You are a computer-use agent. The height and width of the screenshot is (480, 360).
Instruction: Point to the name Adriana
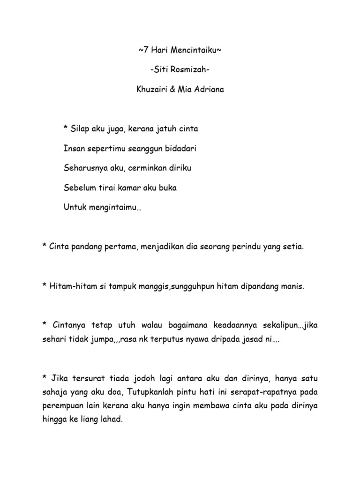[209, 89]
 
